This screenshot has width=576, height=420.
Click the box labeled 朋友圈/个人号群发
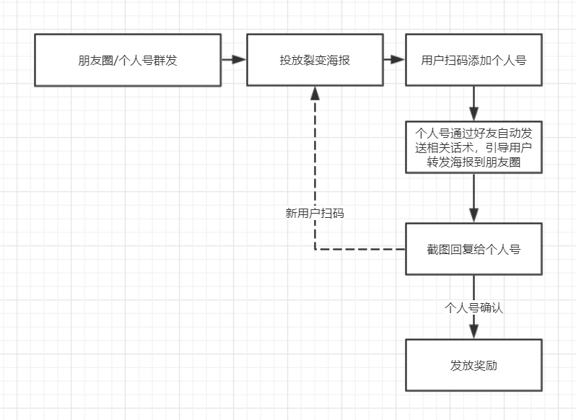[128, 60]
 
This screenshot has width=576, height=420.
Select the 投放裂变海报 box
[315, 60]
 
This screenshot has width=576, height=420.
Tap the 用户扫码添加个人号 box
[474, 60]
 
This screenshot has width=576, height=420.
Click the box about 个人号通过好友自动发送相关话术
[474, 148]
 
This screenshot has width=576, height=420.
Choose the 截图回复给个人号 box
[474, 250]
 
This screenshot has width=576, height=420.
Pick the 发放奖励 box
[474, 365]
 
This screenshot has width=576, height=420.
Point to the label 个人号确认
[474, 307]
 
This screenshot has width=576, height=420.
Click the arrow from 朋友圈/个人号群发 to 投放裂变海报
[234, 60]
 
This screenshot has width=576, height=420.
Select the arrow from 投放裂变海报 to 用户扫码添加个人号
[394, 60]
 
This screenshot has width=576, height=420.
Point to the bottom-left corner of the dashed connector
[315, 250]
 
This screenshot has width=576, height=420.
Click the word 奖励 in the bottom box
[485, 366]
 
